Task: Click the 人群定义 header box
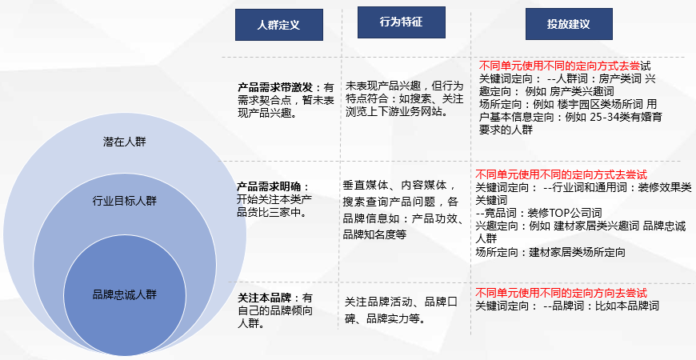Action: [278, 25]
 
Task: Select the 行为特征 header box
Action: [402, 22]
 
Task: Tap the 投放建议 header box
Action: [569, 24]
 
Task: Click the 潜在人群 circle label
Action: [124, 142]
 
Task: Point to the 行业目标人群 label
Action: [124, 201]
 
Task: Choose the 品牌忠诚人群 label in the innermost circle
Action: [124, 294]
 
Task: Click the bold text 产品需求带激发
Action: [275, 87]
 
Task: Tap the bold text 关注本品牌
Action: [264, 298]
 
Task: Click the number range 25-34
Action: [602, 117]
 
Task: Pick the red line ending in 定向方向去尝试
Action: [561, 293]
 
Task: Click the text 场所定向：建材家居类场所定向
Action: [550, 253]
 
